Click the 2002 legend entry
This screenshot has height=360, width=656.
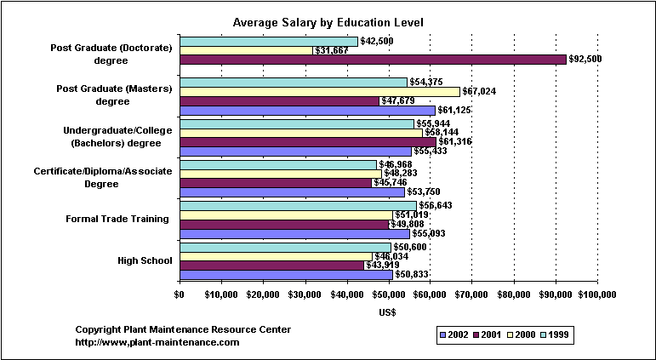(x=454, y=335)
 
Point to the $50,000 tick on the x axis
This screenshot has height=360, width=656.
(x=388, y=294)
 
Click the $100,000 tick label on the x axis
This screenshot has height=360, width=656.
(x=596, y=294)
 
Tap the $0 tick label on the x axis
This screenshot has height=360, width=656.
(x=179, y=294)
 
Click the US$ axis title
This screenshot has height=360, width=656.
(x=388, y=313)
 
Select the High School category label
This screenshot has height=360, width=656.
(x=145, y=260)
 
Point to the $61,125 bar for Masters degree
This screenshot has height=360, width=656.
(x=306, y=111)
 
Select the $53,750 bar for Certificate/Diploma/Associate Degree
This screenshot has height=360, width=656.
(x=291, y=192)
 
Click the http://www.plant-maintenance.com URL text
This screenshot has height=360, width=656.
(x=157, y=342)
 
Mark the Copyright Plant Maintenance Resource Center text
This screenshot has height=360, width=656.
(x=183, y=329)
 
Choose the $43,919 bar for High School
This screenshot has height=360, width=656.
(x=271, y=265)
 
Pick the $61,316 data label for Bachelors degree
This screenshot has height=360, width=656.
(x=458, y=141)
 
